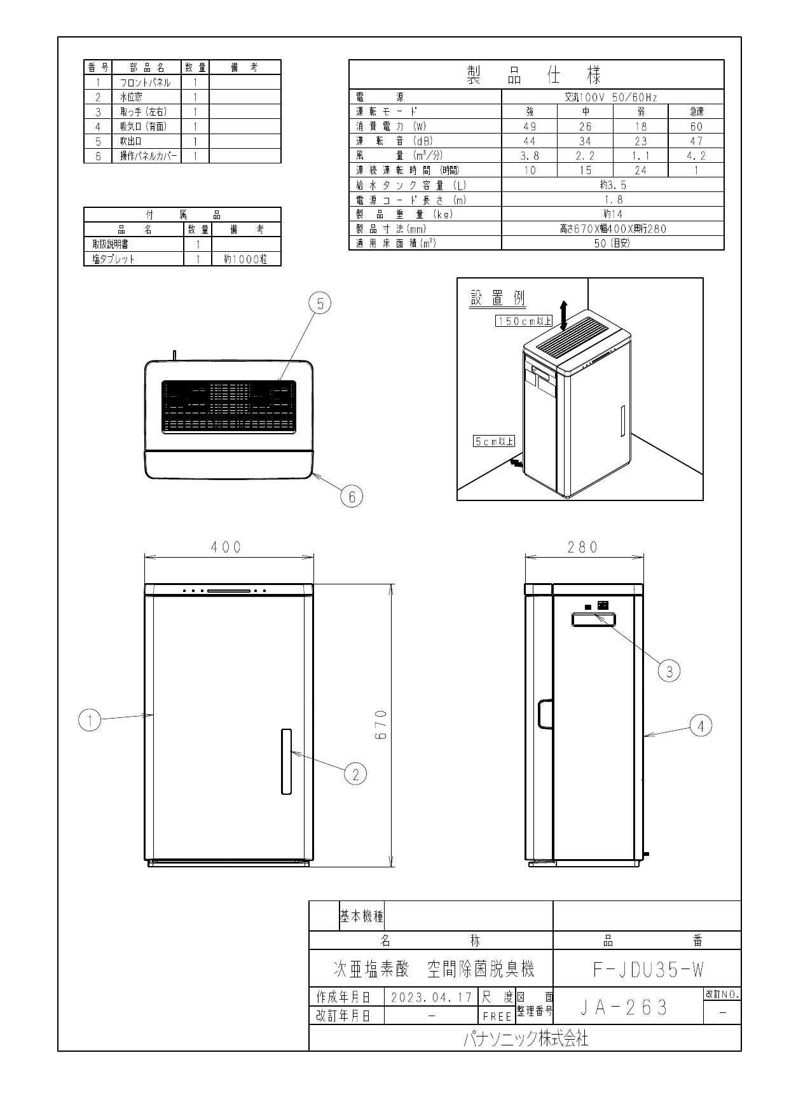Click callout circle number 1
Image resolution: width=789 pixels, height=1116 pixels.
coord(90,720)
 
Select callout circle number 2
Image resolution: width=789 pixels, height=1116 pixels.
coord(355,774)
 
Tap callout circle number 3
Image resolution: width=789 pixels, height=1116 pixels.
coord(669,670)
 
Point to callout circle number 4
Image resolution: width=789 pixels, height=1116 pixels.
coord(701,726)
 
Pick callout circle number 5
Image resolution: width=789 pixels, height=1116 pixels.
coord(320,304)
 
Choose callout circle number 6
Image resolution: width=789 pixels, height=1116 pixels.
coord(352,496)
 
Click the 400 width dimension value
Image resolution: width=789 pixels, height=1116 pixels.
coord(227,547)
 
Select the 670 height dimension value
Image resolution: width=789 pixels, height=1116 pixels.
coord(380,725)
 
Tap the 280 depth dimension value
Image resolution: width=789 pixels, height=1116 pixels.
coord(583,547)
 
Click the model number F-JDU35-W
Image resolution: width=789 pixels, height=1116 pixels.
coord(647,970)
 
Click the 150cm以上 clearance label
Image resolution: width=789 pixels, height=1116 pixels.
coord(524,321)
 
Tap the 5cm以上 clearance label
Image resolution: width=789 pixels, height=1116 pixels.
coord(494,441)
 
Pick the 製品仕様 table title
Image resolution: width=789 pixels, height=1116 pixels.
coord(535,75)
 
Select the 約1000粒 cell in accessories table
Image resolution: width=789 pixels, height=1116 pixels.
coord(245,259)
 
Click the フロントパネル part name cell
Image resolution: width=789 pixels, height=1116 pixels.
coord(146,83)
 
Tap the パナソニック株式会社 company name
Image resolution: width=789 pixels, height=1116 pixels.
coord(525,1040)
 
